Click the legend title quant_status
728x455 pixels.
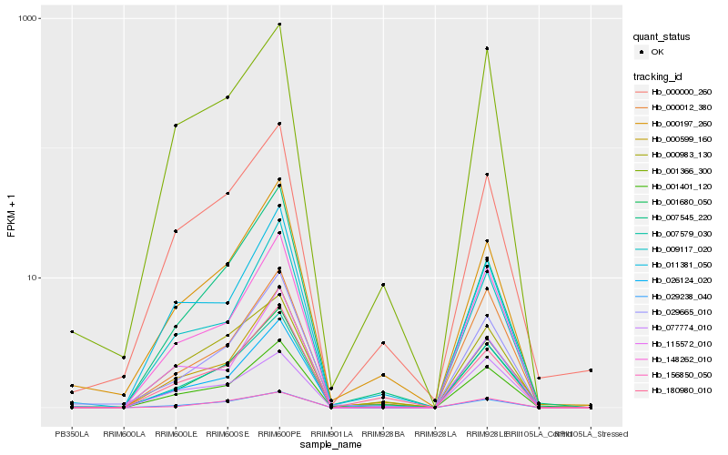point(662,36)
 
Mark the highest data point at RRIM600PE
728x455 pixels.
point(279,25)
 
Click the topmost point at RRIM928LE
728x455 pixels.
point(487,48)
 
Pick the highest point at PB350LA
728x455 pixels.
point(72,332)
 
